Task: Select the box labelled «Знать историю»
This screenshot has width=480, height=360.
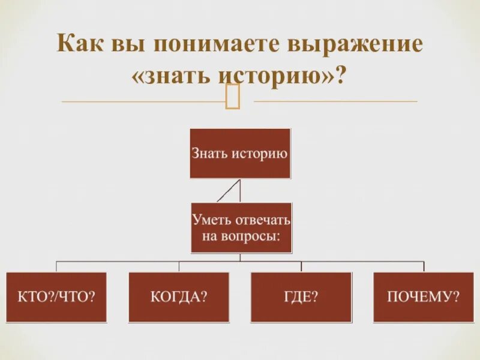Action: (x=240, y=153)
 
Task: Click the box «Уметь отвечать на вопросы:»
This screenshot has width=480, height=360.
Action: (x=240, y=228)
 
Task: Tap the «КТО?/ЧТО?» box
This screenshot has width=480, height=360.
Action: (x=57, y=297)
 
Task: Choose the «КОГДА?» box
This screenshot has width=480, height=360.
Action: (x=179, y=297)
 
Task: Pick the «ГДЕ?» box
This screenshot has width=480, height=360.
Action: (x=301, y=297)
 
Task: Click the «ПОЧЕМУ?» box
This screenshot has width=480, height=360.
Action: (x=423, y=297)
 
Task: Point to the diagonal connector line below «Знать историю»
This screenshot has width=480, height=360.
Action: (x=227, y=191)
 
